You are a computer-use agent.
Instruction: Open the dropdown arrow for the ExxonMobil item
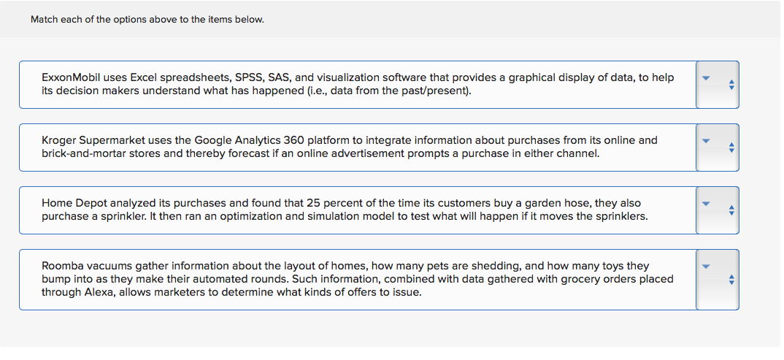(x=705, y=78)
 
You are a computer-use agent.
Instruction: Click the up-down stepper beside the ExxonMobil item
(x=731, y=85)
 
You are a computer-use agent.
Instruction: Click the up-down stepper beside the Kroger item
(x=731, y=148)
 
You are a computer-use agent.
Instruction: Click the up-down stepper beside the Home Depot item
(x=731, y=210)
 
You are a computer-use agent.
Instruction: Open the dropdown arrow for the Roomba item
(x=705, y=267)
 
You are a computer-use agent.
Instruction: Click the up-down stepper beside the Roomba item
(x=731, y=280)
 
